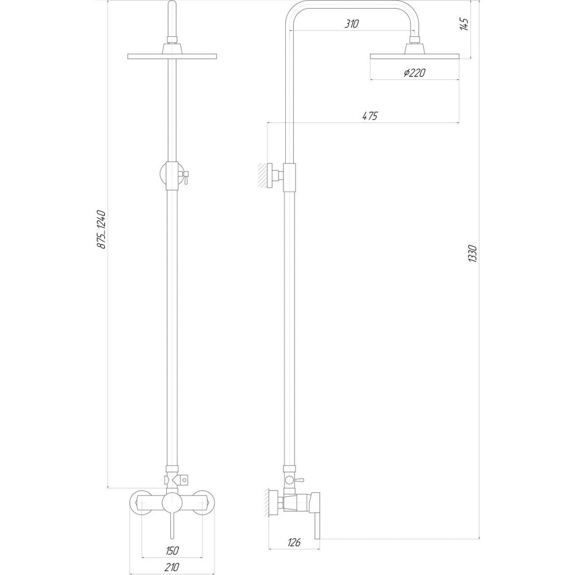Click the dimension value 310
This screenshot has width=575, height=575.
(352, 24)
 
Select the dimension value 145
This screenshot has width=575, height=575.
(465, 25)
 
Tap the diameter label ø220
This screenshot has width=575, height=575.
(414, 72)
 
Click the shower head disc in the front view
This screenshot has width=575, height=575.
(172, 56)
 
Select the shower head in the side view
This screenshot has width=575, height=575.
(414, 56)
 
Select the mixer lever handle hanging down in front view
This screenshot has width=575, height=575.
(171, 526)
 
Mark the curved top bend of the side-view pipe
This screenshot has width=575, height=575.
(299, 11)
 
